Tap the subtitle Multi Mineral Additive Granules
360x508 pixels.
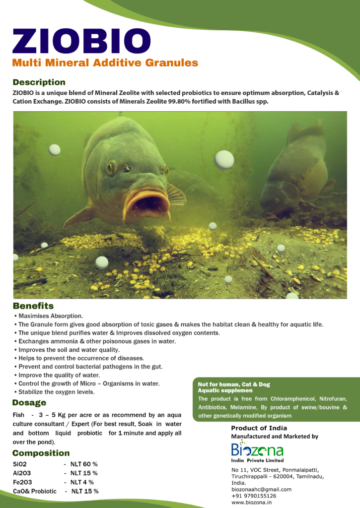[105, 63]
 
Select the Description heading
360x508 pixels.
[39, 82]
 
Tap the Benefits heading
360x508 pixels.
[33, 306]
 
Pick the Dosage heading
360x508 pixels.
[29, 402]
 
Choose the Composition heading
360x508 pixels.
[41, 453]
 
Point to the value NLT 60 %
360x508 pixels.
[84, 464]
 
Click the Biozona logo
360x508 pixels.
[257, 451]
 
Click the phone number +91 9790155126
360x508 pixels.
[254, 496]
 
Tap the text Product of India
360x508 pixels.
[259, 428]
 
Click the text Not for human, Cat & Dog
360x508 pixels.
[233, 384]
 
